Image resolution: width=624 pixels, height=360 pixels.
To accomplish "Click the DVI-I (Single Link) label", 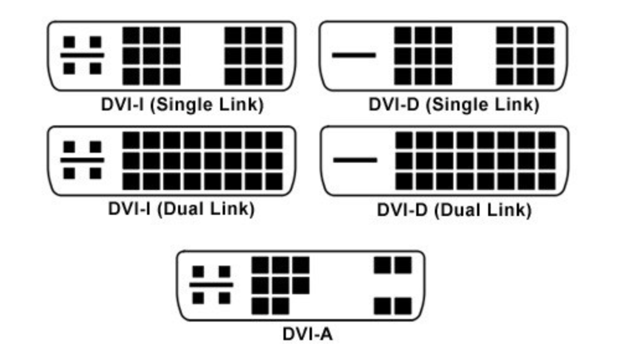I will (x=182, y=105).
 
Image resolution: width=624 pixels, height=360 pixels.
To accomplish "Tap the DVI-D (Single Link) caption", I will (x=453, y=105).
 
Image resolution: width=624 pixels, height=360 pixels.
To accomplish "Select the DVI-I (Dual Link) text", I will (x=181, y=209).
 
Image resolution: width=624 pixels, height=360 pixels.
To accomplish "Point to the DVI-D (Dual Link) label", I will (x=454, y=210).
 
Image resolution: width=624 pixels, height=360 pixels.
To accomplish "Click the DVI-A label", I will (x=308, y=334).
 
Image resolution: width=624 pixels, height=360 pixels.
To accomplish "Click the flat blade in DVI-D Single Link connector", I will (x=354, y=55).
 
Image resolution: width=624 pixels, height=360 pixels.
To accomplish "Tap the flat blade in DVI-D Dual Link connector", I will (x=355, y=160).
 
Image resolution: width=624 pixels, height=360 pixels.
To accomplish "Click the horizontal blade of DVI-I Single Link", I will (x=82, y=55).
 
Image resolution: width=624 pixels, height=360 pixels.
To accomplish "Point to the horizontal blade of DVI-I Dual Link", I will (x=82, y=160).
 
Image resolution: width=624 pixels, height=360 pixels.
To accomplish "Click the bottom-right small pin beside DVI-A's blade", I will (x=224, y=298).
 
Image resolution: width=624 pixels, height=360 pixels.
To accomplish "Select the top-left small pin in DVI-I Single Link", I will (x=69, y=42).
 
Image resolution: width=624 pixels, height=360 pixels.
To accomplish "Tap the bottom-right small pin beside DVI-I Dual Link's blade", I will (x=95, y=173).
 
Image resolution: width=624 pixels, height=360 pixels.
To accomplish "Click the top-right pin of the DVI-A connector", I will (x=403, y=265).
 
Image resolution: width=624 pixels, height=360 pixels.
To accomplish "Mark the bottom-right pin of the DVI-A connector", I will (x=403, y=306).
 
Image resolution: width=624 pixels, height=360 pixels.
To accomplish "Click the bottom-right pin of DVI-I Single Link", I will (x=274, y=76).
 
